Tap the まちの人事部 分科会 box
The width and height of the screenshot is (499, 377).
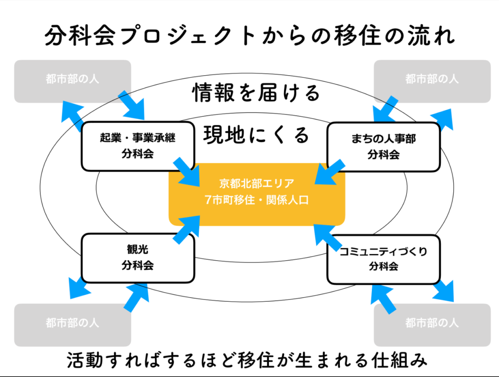coord(383,146)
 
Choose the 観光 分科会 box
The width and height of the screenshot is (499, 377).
coord(138,258)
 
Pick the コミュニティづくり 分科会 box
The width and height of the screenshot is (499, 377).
coord(383,259)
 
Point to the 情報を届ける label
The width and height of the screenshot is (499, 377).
coord(256,93)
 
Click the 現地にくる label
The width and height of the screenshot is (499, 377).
coord(257,135)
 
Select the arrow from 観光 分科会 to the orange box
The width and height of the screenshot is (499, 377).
coord(185,230)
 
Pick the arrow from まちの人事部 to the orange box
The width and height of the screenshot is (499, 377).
coord(329,171)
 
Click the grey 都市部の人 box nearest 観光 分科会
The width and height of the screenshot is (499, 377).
coord(72,325)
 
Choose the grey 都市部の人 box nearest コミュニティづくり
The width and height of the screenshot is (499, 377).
coord(432,325)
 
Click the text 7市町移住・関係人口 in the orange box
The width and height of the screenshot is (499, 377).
coord(257,200)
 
